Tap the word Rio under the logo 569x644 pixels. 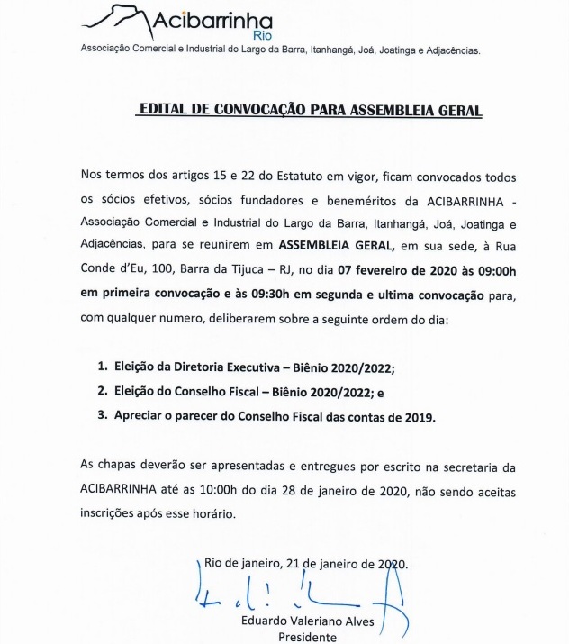tap(263, 36)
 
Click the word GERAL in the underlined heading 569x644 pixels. tap(456, 110)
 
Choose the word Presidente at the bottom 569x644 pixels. tap(307, 637)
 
